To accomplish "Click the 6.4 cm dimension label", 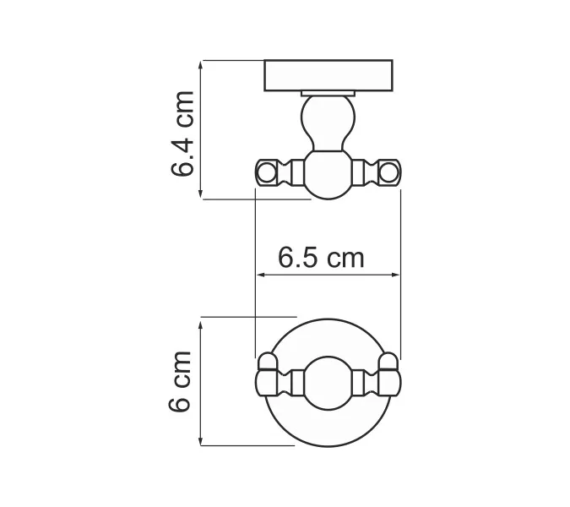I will tap(182, 133).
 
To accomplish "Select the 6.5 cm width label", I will tap(322, 256).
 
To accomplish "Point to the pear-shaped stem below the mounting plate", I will tap(328, 123).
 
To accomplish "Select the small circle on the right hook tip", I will tap(389, 173).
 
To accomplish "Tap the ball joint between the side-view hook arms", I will tap(328, 175).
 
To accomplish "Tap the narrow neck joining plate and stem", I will tap(328, 92).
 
